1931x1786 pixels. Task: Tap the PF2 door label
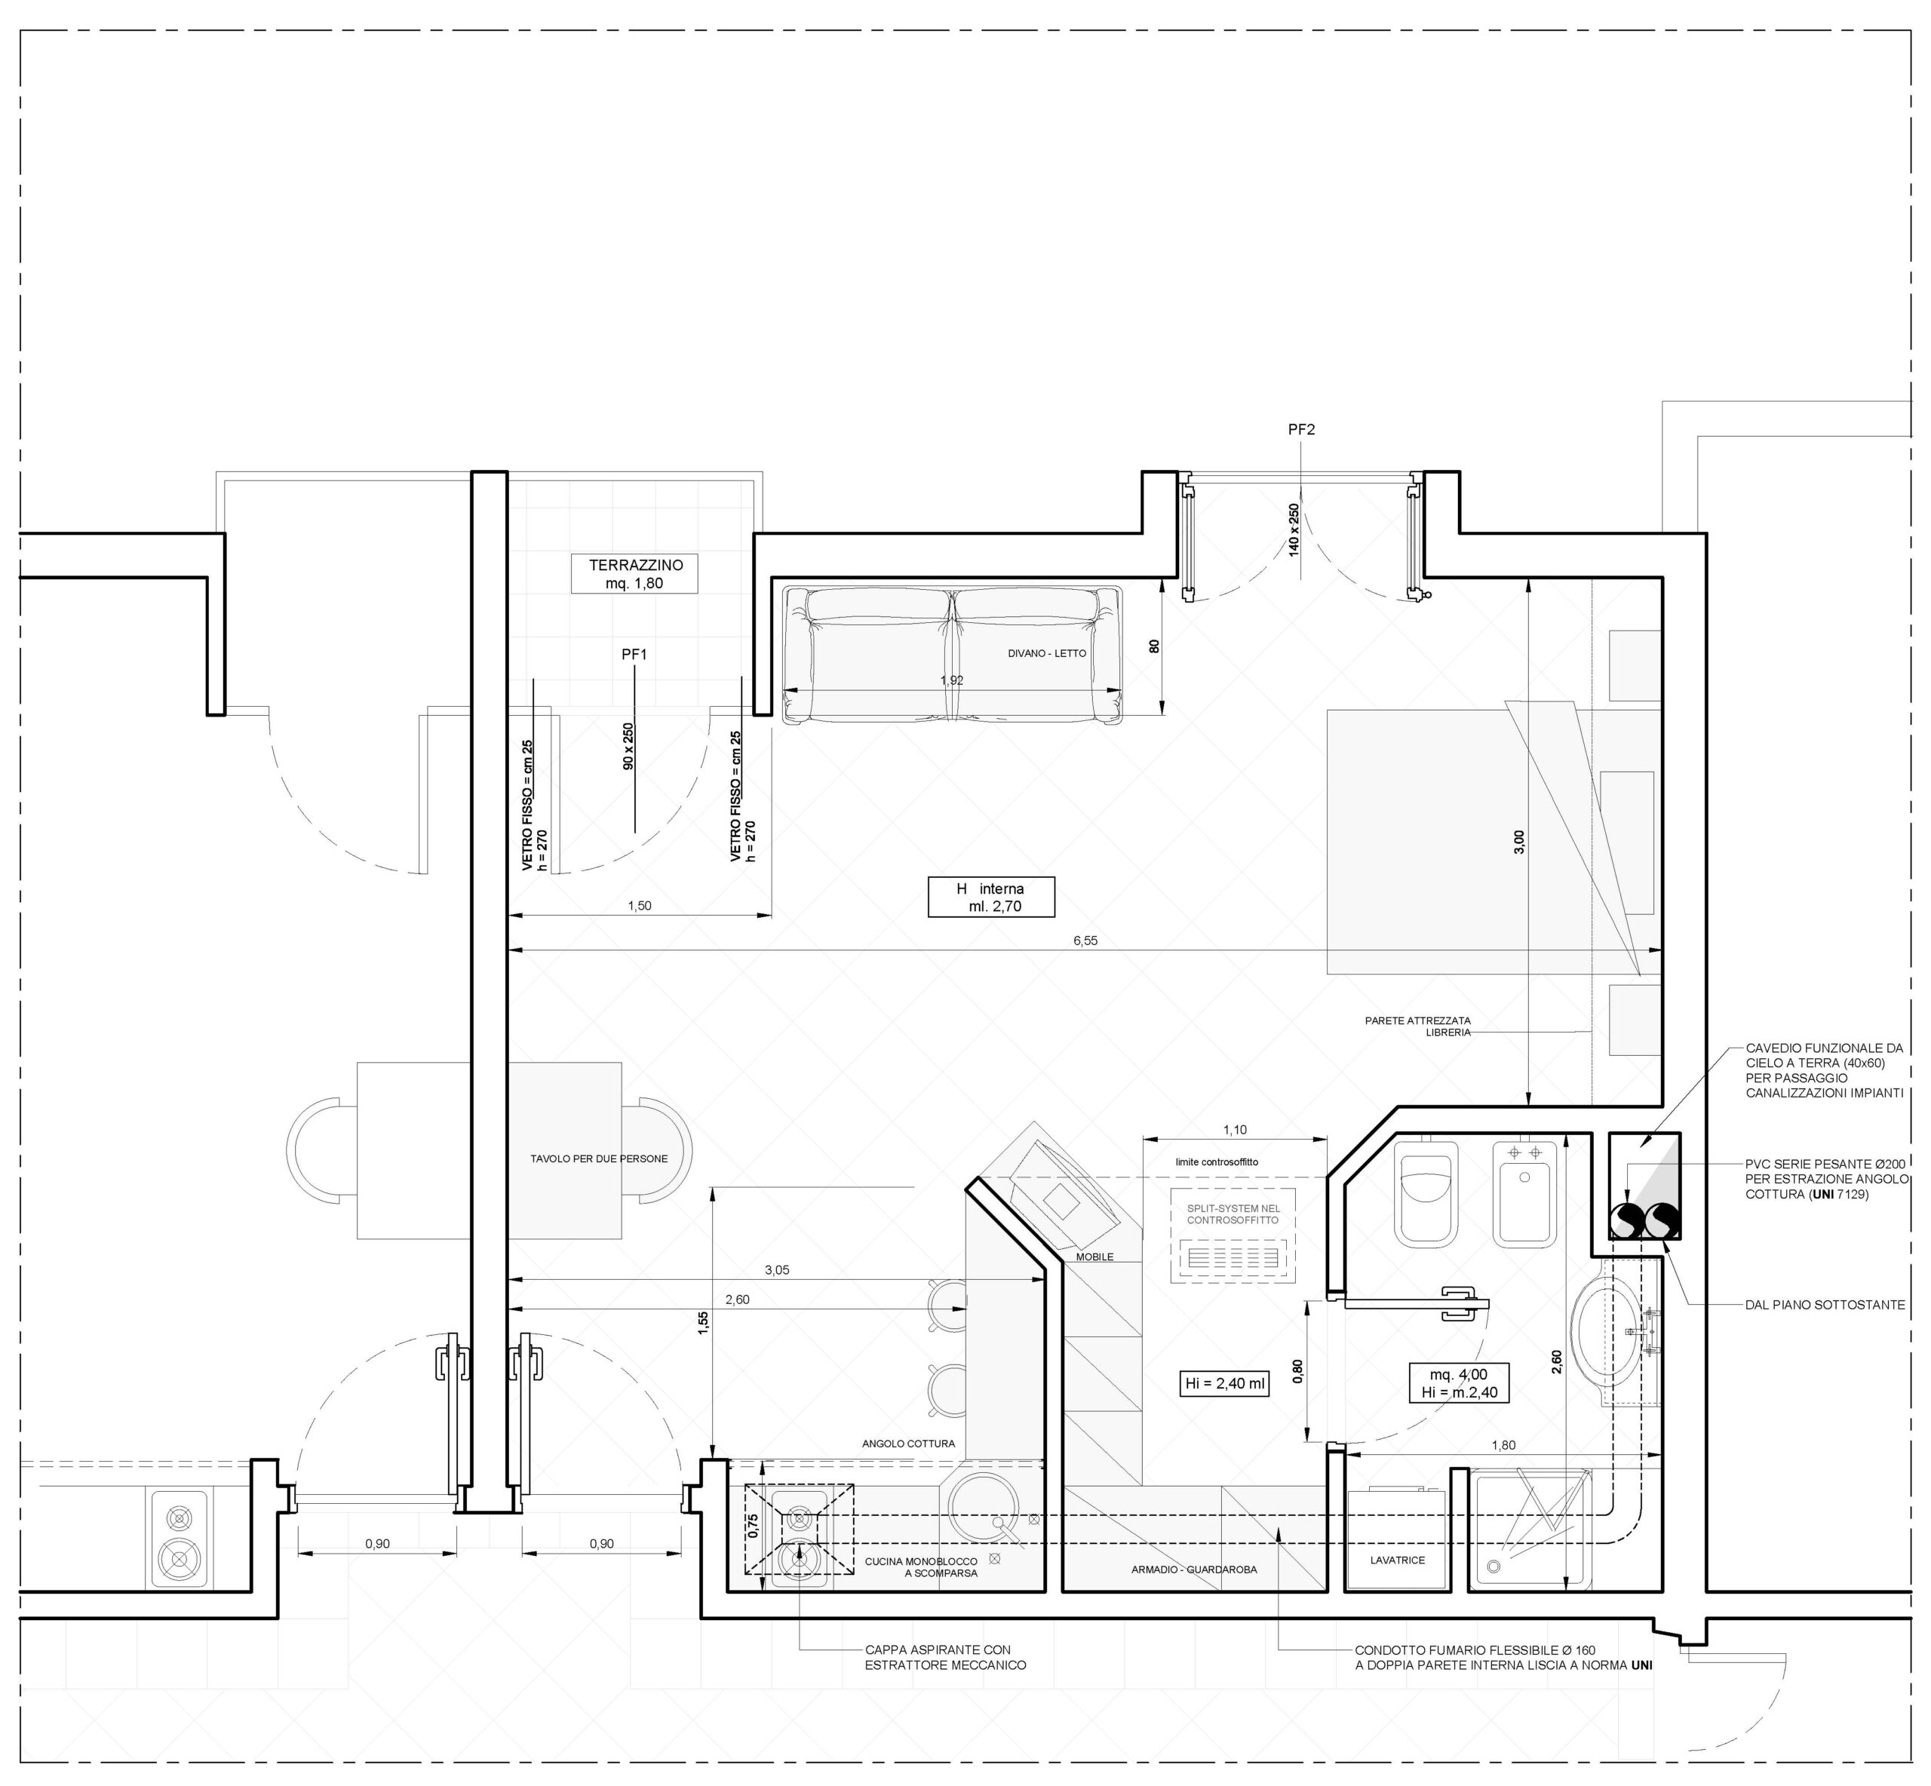click(1302, 430)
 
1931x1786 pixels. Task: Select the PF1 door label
click(634, 654)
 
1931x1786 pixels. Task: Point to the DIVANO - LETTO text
click(1047, 653)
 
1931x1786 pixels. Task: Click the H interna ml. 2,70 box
click(990, 897)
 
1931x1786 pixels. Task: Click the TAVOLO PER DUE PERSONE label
click(599, 1158)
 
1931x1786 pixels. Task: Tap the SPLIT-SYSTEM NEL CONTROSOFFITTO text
click(1233, 1214)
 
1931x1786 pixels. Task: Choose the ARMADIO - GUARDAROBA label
click(1195, 1570)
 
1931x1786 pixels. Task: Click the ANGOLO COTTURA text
click(908, 1444)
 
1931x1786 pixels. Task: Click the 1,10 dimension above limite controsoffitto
click(1235, 1129)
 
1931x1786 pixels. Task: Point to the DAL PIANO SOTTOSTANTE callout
click(1825, 1305)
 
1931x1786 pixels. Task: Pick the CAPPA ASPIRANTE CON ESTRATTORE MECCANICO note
click(945, 1658)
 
